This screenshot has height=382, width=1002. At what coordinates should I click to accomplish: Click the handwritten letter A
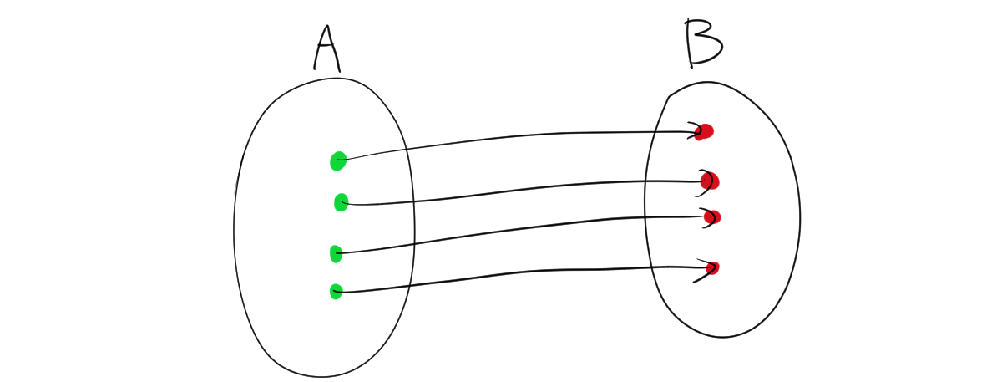click(326, 48)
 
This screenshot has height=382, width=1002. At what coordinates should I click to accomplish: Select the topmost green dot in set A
click(337, 160)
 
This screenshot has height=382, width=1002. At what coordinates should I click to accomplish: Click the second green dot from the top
click(341, 202)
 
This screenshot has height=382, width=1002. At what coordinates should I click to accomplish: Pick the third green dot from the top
click(336, 253)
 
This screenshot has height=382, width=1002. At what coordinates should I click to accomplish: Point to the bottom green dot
click(336, 291)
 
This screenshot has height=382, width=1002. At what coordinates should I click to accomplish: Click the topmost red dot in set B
click(706, 131)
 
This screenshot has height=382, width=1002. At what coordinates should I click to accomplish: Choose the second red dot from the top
click(711, 181)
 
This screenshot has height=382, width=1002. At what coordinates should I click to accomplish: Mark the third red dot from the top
click(712, 217)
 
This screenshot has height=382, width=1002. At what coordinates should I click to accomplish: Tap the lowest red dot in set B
click(712, 268)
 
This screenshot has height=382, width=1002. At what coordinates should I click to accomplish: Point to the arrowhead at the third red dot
click(706, 216)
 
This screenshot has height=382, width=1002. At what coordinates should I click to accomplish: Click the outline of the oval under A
click(235, 226)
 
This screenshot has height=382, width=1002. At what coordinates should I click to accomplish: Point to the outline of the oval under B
click(800, 217)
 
